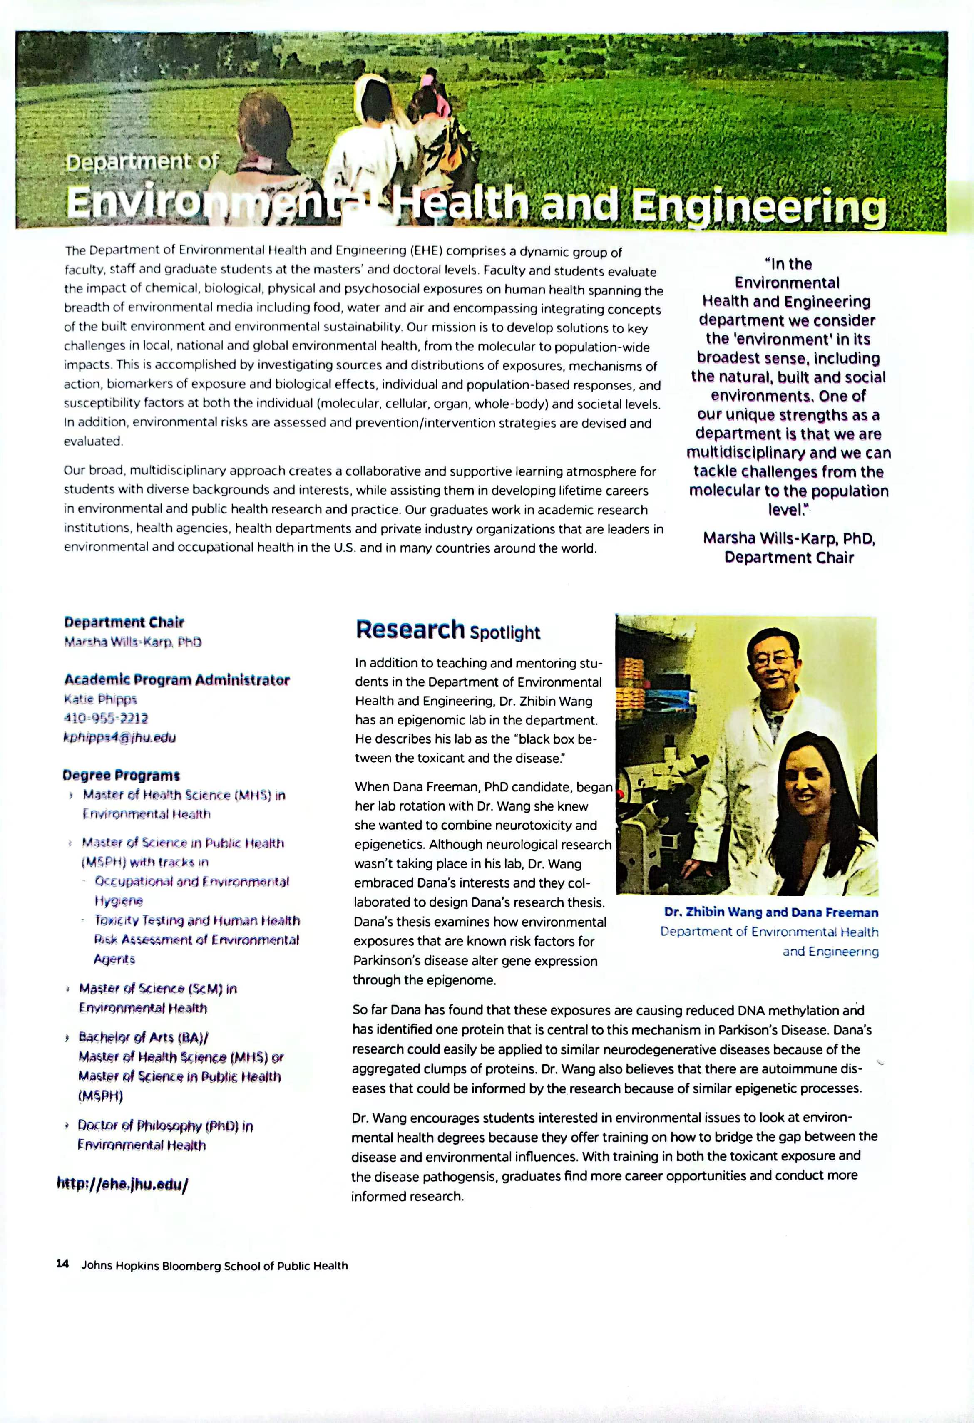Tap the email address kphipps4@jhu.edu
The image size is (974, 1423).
(119, 737)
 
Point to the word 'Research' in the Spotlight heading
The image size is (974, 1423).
(410, 630)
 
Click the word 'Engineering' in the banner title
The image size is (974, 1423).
(758, 206)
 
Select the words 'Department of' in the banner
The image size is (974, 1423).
(142, 162)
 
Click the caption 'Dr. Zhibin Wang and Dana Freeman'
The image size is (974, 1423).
(770, 912)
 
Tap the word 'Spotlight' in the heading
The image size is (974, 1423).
(505, 632)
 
